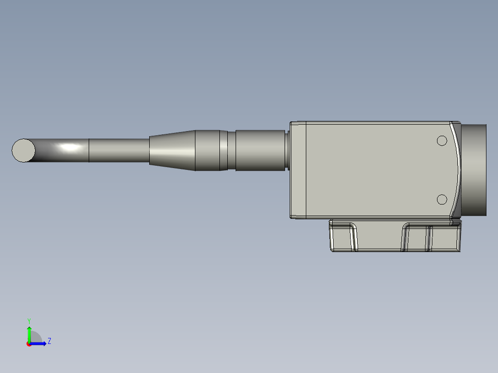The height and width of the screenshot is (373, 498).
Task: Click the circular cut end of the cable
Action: tap(23, 150)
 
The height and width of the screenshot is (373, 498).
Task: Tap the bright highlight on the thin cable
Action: tap(69, 148)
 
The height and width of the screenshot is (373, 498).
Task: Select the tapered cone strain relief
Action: tap(172, 150)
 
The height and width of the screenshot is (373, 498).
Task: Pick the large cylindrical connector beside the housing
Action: tap(260, 150)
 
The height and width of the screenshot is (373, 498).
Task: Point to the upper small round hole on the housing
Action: tap(442, 141)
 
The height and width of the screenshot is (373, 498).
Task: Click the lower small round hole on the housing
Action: tap(442, 199)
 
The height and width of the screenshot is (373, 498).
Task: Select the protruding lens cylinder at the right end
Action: tap(474, 170)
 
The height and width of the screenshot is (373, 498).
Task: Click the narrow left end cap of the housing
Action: tap(298, 170)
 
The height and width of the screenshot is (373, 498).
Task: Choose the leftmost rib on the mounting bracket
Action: tap(353, 238)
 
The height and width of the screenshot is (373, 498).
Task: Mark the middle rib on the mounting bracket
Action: tap(405, 238)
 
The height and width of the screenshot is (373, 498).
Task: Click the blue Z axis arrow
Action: tap(40, 343)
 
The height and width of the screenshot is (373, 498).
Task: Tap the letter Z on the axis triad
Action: tap(49, 341)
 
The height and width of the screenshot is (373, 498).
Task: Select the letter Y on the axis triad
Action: tap(29, 320)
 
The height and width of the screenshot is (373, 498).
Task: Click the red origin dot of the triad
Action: tap(29, 344)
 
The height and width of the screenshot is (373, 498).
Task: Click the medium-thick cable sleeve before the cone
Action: tap(119, 150)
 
